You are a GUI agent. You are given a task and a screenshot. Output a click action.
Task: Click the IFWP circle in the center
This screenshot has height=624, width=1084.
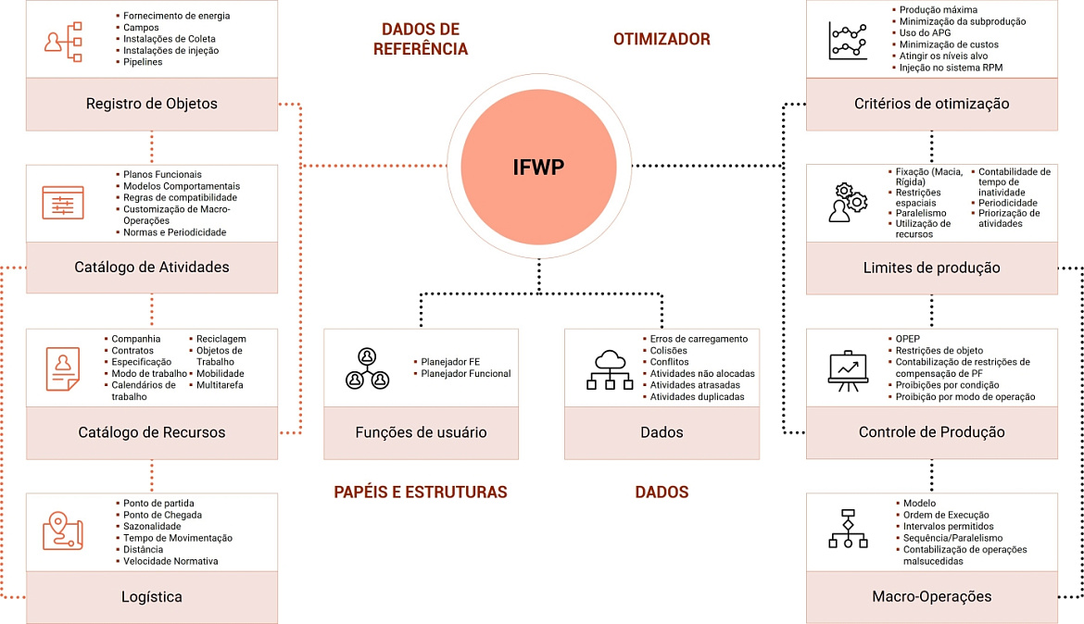click(538, 167)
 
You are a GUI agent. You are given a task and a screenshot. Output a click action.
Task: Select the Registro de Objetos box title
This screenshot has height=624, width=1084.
click(151, 104)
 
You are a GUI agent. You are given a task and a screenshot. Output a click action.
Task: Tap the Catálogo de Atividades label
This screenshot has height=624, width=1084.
click(151, 268)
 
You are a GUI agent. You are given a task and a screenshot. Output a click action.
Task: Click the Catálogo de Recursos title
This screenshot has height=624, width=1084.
click(151, 432)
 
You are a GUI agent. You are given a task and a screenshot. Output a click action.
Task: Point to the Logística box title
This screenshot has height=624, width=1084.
click(151, 597)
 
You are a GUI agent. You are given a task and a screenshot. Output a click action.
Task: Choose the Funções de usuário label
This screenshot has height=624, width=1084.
click(421, 432)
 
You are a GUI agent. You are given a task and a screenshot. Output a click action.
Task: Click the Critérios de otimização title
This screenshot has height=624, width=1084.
click(931, 104)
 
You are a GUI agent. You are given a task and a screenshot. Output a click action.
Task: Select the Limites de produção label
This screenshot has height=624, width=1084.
click(931, 268)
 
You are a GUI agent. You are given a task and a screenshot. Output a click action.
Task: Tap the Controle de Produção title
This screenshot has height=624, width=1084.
click(931, 432)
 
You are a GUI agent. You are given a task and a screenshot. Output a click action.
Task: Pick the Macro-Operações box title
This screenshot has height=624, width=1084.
click(931, 596)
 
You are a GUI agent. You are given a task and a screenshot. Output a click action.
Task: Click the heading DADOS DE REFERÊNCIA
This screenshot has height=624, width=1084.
click(421, 39)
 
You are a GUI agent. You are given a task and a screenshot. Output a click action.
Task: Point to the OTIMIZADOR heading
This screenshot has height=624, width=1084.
click(662, 39)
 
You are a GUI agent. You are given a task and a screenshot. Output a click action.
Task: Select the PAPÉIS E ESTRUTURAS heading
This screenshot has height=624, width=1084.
click(421, 492)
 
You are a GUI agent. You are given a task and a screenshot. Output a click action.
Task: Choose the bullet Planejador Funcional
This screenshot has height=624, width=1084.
click(465, 374)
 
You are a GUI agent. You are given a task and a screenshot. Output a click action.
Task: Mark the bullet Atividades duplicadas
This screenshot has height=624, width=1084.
click(697, 397)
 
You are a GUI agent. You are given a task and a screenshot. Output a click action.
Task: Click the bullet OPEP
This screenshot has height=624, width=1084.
click(908, 339)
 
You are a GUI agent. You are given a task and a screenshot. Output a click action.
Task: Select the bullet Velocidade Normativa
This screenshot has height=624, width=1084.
click(170, 561)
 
